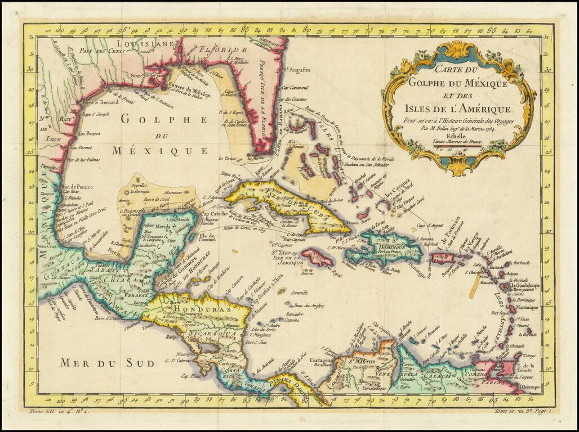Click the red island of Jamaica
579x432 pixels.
point(318,257)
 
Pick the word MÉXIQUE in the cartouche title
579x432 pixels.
point(480,83)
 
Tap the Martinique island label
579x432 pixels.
point(525,308)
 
